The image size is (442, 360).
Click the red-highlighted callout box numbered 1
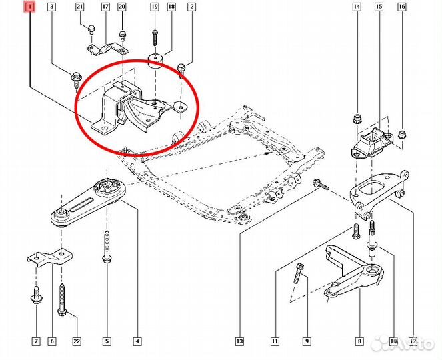click(x=30, y=7)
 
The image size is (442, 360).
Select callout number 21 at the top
click(x=80, y=7)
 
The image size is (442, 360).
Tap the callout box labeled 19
click(x=155, y=7)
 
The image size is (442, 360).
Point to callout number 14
click(x=357, y=7)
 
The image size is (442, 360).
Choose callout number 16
click(x=402, y=7)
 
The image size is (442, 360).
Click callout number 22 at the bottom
click(x=77, y=341)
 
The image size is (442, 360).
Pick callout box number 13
click(x=239, y=341)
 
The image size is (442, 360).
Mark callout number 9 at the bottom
click(x=307, y=341)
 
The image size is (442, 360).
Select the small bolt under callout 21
click(x=91, y=29)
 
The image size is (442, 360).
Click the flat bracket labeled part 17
click(x=107, y=49)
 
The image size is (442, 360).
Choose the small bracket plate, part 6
click(x=50, y=257)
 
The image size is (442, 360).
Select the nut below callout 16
click(x=402, y=134)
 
